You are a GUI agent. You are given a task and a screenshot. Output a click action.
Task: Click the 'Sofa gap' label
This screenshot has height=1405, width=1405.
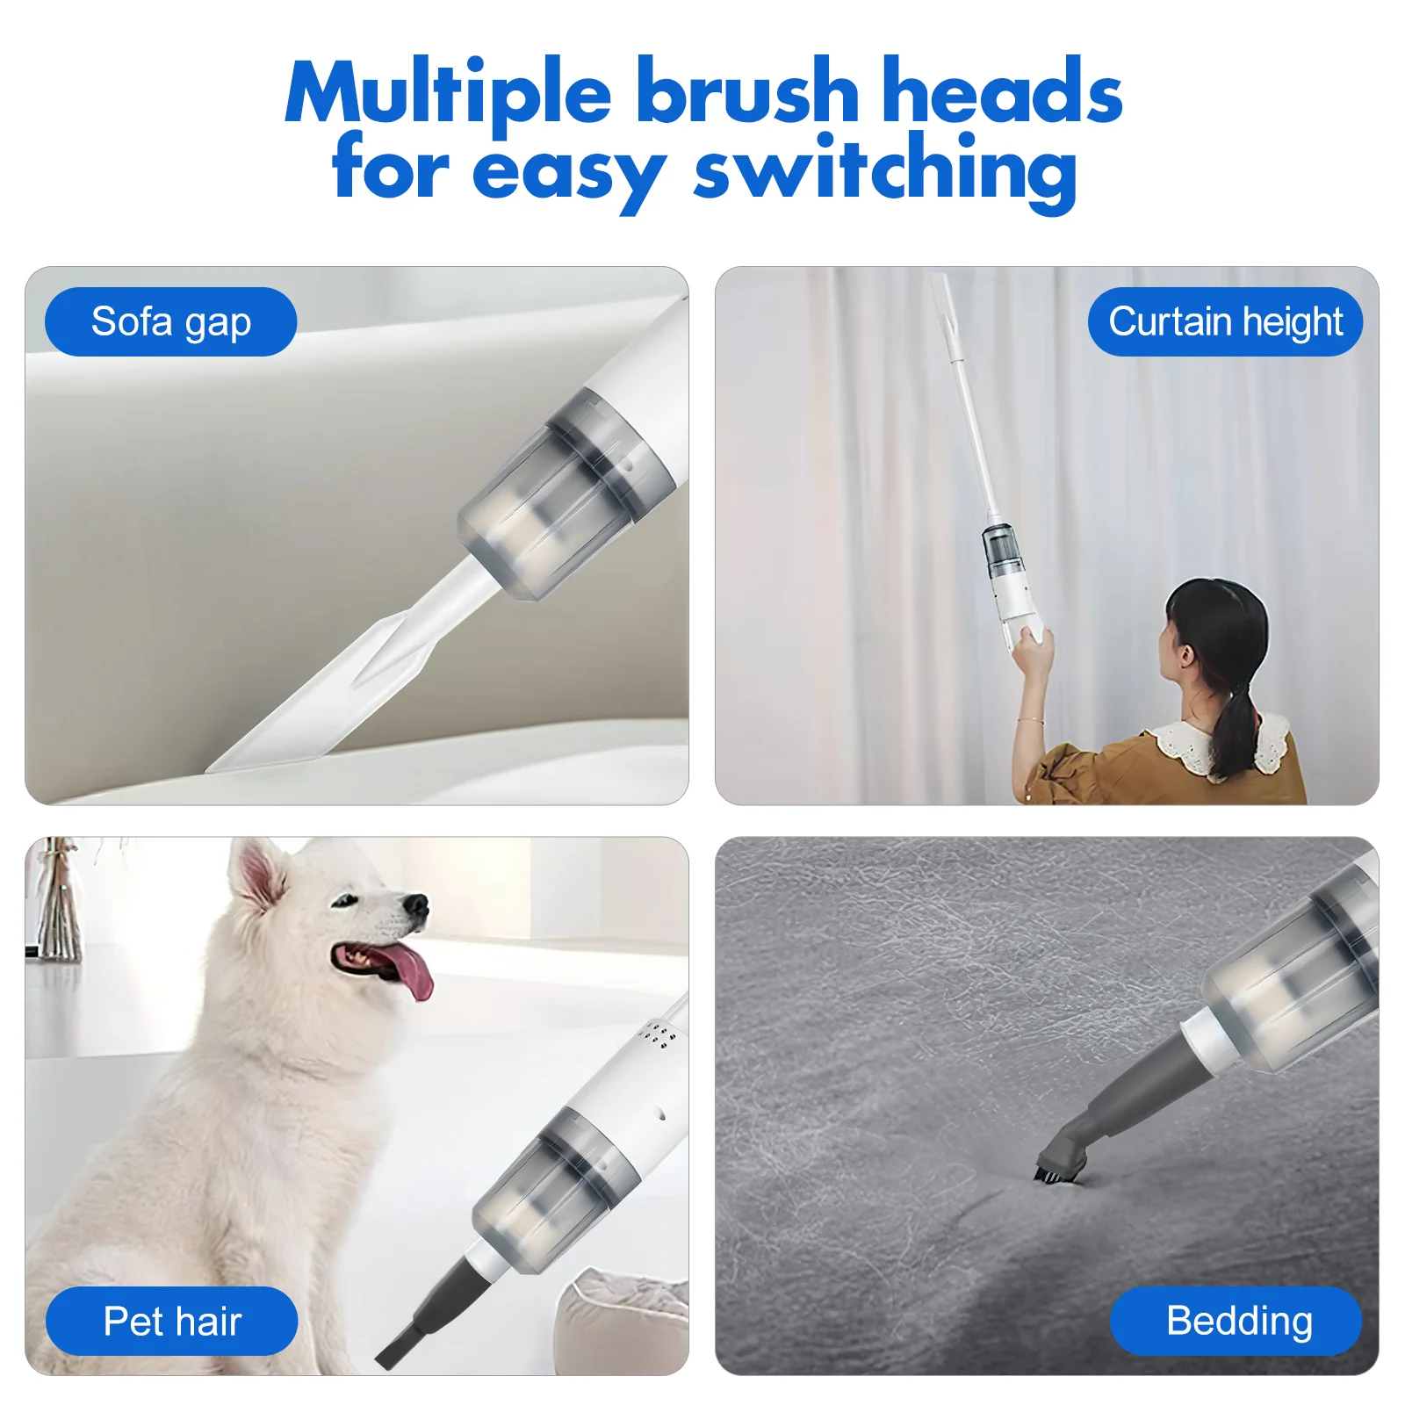170,321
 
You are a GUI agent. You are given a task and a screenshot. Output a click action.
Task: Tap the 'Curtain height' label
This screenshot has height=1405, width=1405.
1225,321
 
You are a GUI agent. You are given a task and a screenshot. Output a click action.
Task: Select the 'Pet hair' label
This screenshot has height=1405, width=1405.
172,1321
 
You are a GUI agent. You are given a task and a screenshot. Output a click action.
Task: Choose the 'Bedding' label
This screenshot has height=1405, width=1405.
1237,1321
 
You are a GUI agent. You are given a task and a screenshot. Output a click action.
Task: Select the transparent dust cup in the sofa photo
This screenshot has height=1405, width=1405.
562,501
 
